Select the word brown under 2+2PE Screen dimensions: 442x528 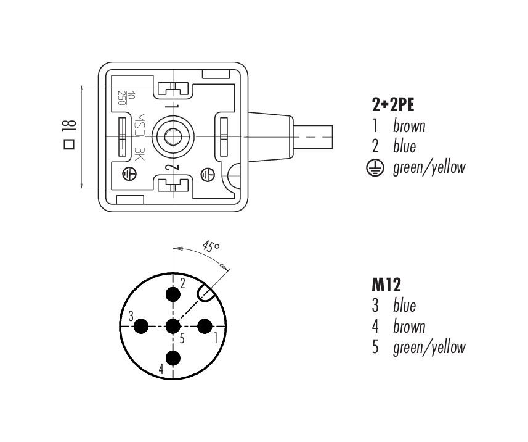tap(409, 126)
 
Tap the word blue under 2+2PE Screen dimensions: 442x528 tap(404, 146)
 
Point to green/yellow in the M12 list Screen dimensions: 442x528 tap(429, 348)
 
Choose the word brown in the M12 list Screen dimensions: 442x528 tap(409, 326)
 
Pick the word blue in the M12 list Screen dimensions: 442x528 tap(404, 306)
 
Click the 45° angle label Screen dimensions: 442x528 tap(210, 248)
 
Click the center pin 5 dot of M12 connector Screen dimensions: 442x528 tap(174, 326)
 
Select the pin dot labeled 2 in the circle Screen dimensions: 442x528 tap(174, 295)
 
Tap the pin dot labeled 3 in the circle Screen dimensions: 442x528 tap(142, 326)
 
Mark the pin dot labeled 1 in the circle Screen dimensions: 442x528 tap(205, 326)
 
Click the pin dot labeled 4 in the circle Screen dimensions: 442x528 tap(174, 357)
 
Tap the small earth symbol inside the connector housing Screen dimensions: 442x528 tap(129, 173)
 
